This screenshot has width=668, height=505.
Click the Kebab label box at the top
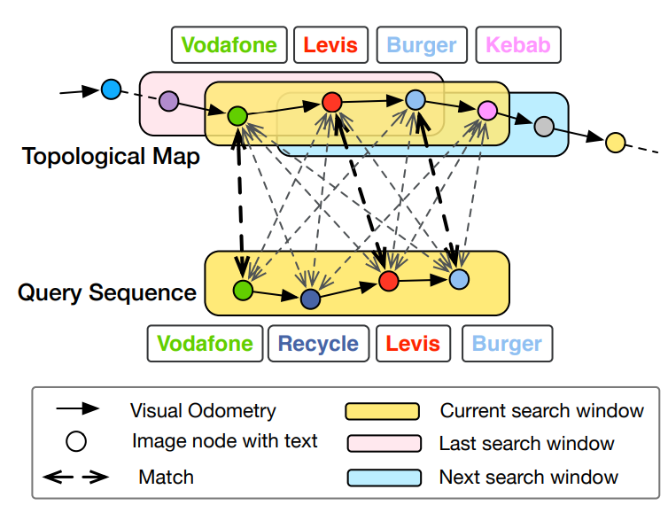(x=518, y=44)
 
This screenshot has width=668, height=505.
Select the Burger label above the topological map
(x=423, y=44)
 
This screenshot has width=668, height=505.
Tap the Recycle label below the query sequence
(x=317, y=344)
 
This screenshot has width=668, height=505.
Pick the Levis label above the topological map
(x=330, y=44)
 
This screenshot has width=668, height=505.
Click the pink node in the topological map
(x=486, y=111)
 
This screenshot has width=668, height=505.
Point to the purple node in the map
(x=168, y=101)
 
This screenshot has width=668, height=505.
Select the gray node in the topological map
(x=544, y=127)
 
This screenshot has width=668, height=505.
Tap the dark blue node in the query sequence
(x=309, y=299)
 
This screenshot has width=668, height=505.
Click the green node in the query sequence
(x=242, y=289)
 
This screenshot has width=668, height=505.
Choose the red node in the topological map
(x=332, y=103)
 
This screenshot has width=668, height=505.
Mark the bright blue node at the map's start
(x=111, y=89)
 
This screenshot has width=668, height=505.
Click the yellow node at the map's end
(x=615, y=141)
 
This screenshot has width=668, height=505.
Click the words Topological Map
(x=111, y=157)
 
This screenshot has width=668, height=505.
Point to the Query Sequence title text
(x=107, y=291)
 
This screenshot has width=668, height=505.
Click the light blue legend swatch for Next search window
(x=382, y=478)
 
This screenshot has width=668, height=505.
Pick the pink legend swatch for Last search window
(x=382, y=444)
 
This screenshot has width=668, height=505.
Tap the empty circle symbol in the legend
(x=77, y=441)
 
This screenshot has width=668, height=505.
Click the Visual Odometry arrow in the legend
(x=77, y=409)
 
